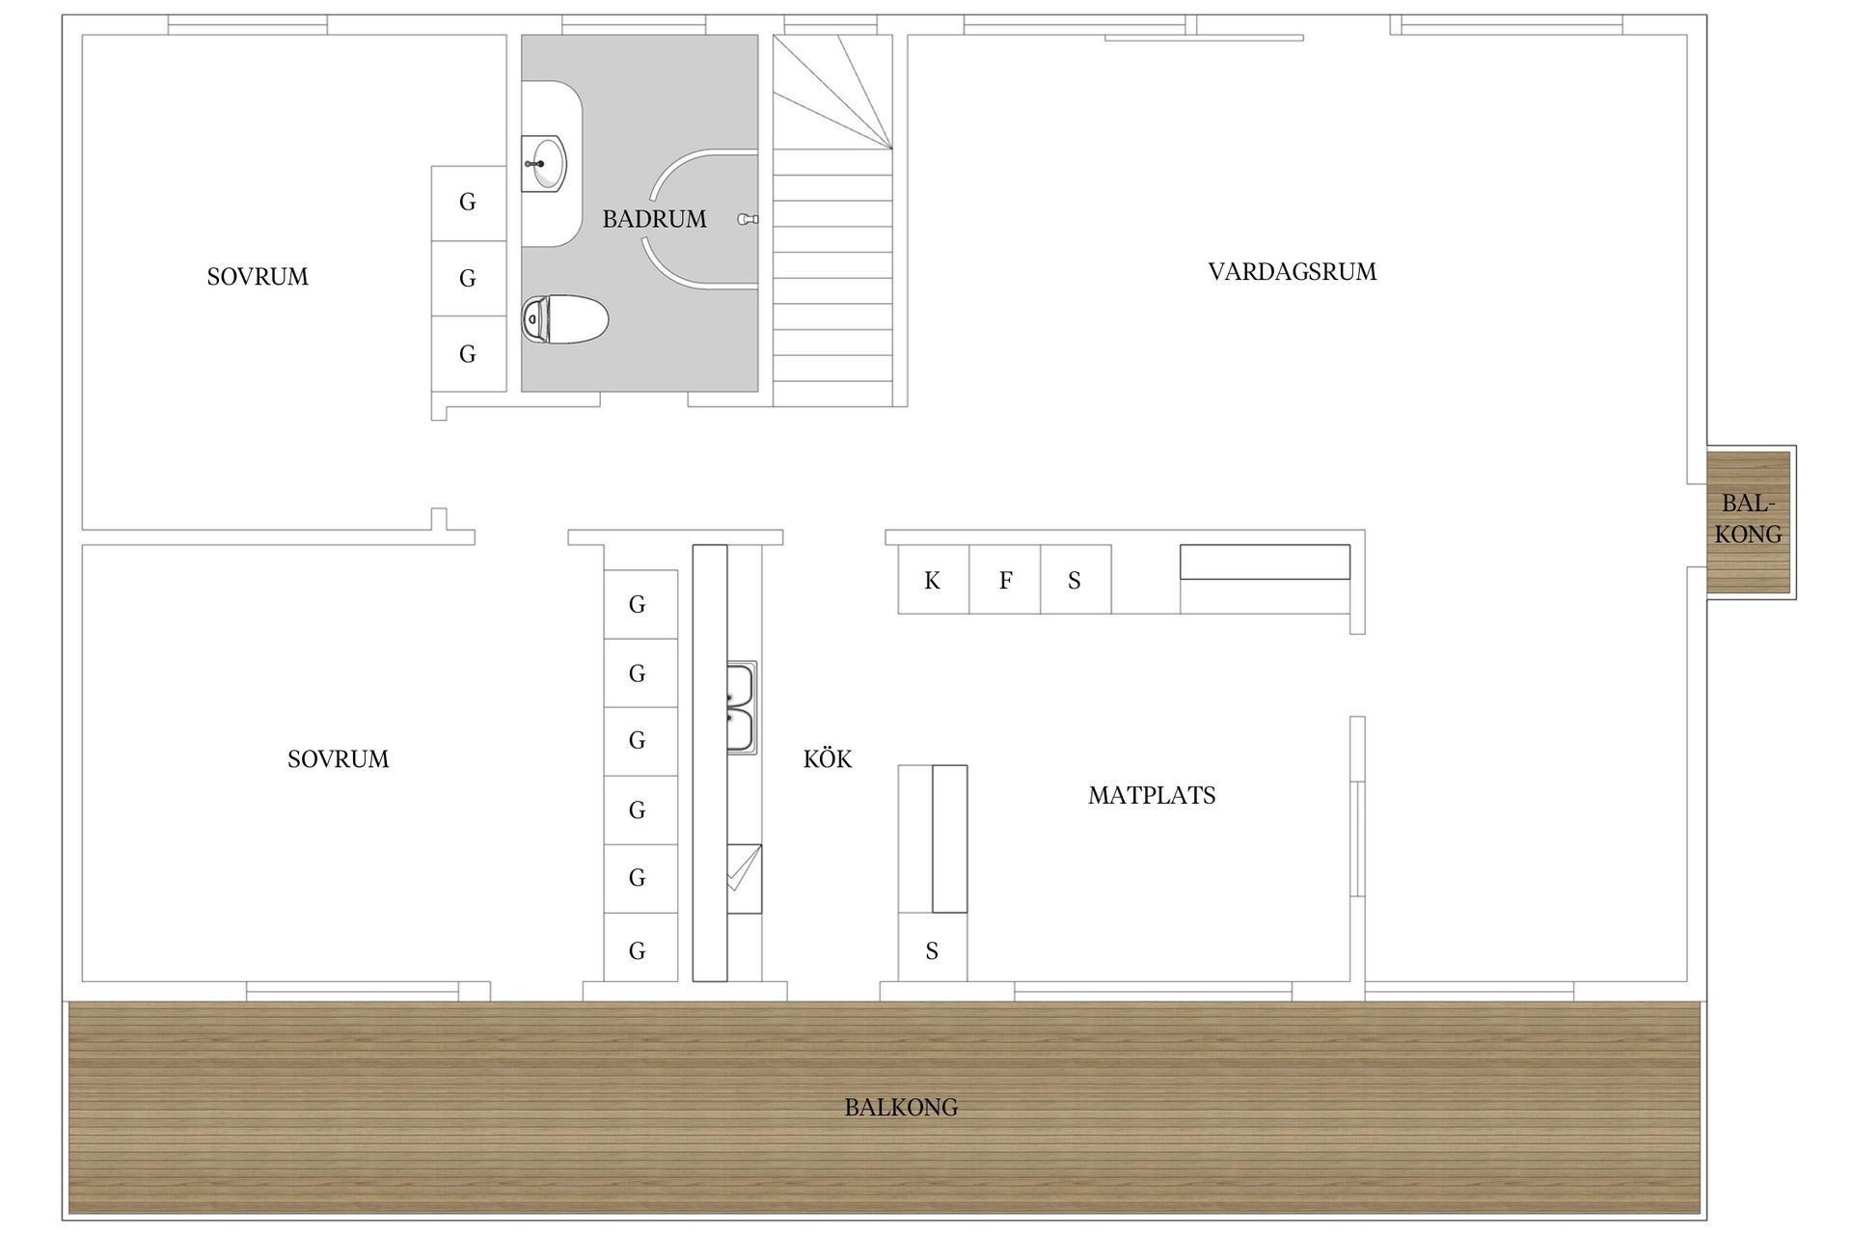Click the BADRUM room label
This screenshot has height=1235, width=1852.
654,219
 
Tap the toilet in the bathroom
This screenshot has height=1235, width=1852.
565,319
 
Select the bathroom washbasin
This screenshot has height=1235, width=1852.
545,164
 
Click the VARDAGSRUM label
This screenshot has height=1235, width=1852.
1293,272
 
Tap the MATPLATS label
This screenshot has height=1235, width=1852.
1152,796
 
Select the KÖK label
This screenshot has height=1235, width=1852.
828,758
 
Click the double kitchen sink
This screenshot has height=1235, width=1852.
742,707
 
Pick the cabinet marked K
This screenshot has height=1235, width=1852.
933,579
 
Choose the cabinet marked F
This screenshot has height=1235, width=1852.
1005,579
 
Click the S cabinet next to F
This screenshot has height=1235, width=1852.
1076,579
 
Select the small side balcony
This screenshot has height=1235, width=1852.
1749,521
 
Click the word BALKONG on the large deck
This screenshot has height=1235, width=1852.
901,1108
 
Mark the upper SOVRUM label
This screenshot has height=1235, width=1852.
258,277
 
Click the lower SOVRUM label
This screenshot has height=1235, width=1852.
338,759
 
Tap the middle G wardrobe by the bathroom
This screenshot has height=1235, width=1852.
468,278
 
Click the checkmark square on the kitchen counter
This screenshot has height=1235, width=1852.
744,879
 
